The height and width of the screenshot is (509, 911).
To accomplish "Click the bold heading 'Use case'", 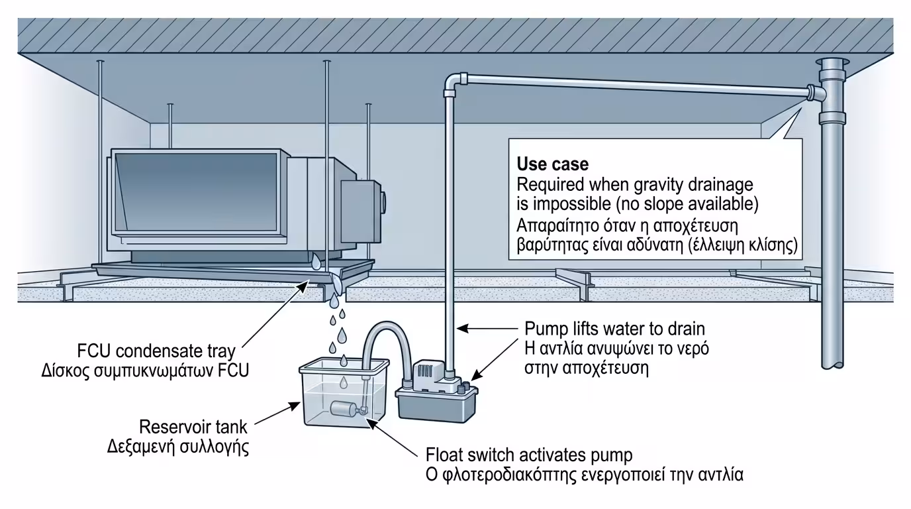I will click(552, 164).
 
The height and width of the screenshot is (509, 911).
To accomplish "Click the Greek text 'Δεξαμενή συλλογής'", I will click(178, 446).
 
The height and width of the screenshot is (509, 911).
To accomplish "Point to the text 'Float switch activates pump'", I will click(529, 455).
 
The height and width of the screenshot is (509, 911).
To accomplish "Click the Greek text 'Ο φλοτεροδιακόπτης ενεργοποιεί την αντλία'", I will click(585, 475).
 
